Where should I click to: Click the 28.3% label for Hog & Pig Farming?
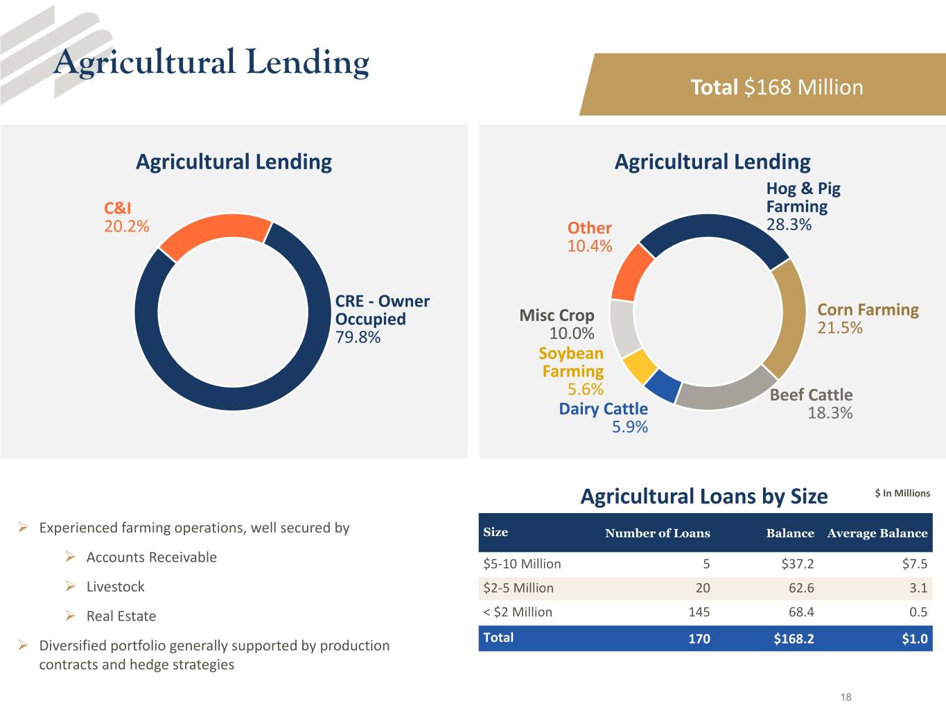tap(789, 225)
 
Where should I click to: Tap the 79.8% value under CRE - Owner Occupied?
tap(358, 337)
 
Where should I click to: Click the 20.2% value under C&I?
tap(127, 226)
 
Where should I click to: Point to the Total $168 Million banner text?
tap(777, 87)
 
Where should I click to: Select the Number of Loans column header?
tap(657, 533)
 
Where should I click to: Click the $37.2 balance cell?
tap(798, 564)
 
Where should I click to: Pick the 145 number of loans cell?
tap(699, 612)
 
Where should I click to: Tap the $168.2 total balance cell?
tap(794, 639)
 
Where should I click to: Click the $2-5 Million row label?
tap(518, 588)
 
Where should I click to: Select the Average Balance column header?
tap(877, 533)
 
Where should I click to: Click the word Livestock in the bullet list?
tap(116, 587)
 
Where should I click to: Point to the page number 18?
tap(846, 697)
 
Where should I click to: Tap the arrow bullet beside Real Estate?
tap(70, 616)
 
